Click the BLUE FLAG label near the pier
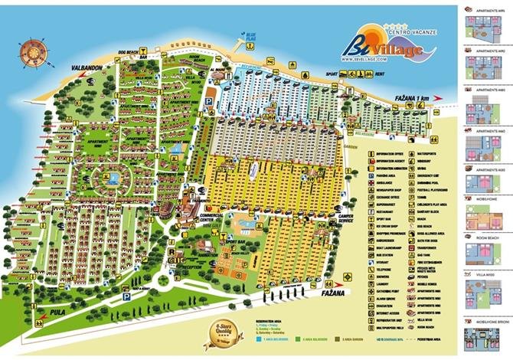point(250,35)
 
